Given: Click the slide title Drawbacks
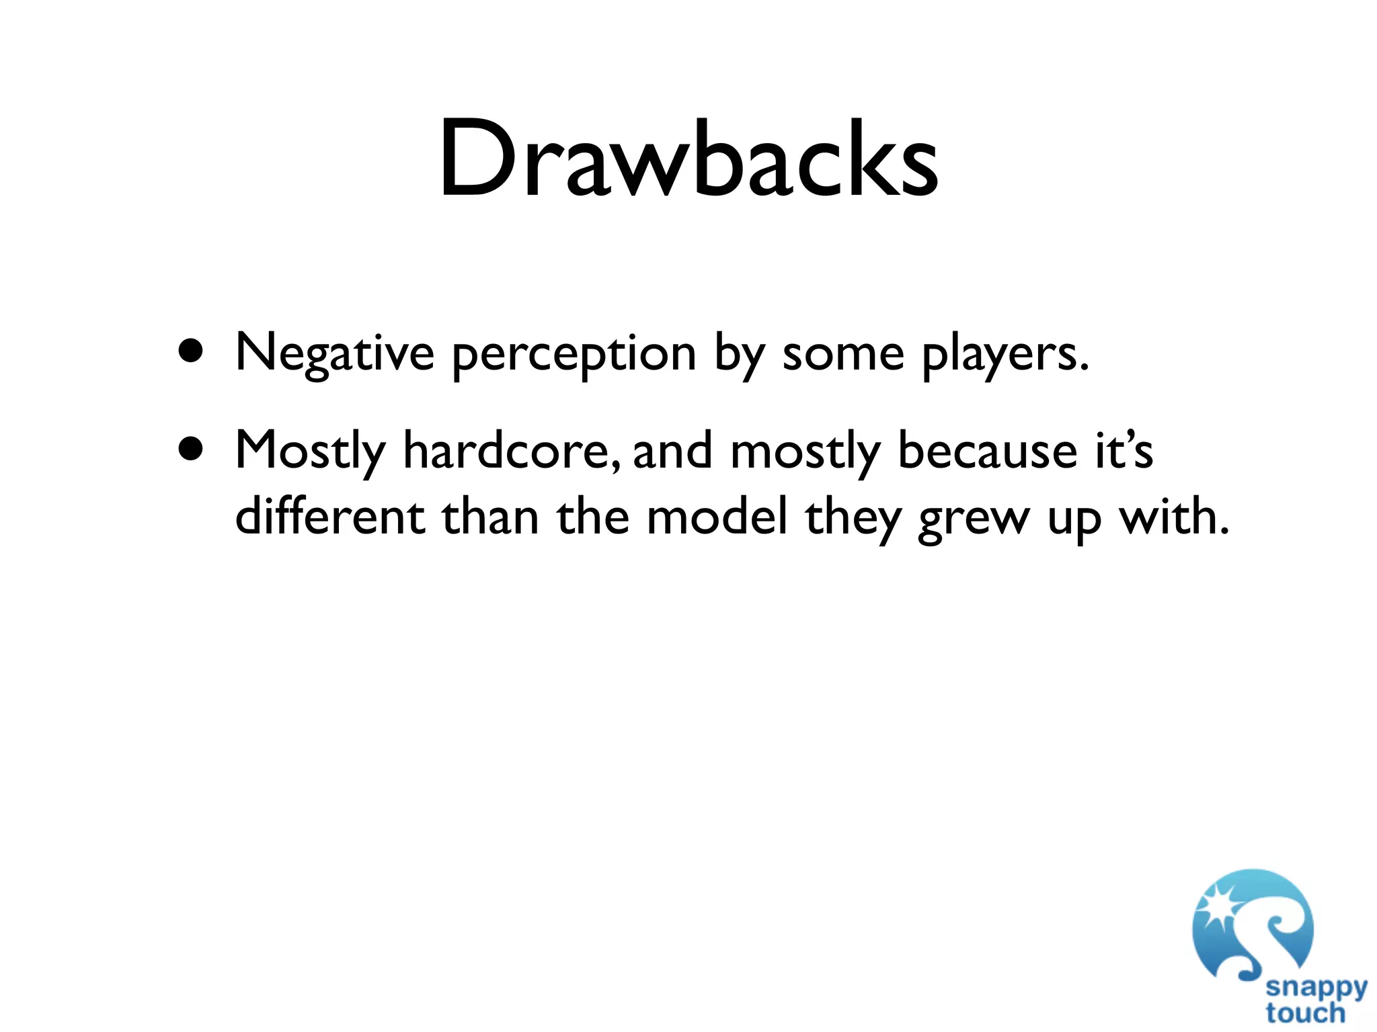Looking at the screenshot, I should click(x=688, y=159).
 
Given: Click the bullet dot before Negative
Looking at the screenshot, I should click(x=192, y=351).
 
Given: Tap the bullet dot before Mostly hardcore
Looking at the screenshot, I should click(x=192, y=448).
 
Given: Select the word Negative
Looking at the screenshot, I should click(x=335, y=353).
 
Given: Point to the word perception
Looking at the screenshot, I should click(x=574, y=355).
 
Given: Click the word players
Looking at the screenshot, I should click(x=1005, y=355).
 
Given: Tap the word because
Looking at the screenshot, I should click(x=988, y=450).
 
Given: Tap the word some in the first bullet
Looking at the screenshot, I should click(x=843, y=355).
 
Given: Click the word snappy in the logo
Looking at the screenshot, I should click(x=1316, y=988).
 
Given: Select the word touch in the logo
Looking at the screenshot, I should click(x=1305, y=1013).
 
